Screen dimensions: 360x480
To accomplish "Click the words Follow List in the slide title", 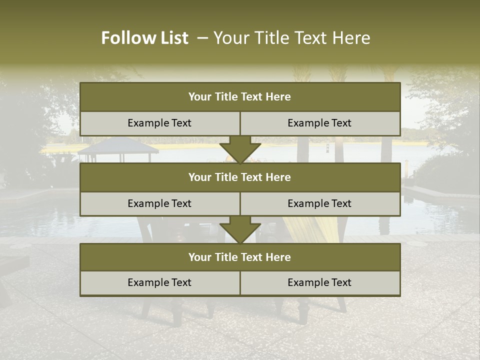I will click(144, 38).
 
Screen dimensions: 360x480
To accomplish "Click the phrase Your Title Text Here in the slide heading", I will click(291, 38).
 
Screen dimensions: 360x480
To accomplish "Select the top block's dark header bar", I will click(240, 97).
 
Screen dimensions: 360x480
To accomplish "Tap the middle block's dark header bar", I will click(240, 177).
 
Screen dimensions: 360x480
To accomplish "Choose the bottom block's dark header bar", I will click(240, 257).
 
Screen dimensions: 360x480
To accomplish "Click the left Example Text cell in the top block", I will click(160, 123).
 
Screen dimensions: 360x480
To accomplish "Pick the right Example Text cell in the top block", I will click(320, 123).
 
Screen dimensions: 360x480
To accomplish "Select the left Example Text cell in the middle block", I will click(160, 204).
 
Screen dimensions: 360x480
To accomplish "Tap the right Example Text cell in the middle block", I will click(320, 204).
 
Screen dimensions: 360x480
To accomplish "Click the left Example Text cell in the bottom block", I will click(160, 283).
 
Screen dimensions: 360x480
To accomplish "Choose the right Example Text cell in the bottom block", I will click(320, 283).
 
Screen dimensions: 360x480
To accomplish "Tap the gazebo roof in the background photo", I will click(118, 146).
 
